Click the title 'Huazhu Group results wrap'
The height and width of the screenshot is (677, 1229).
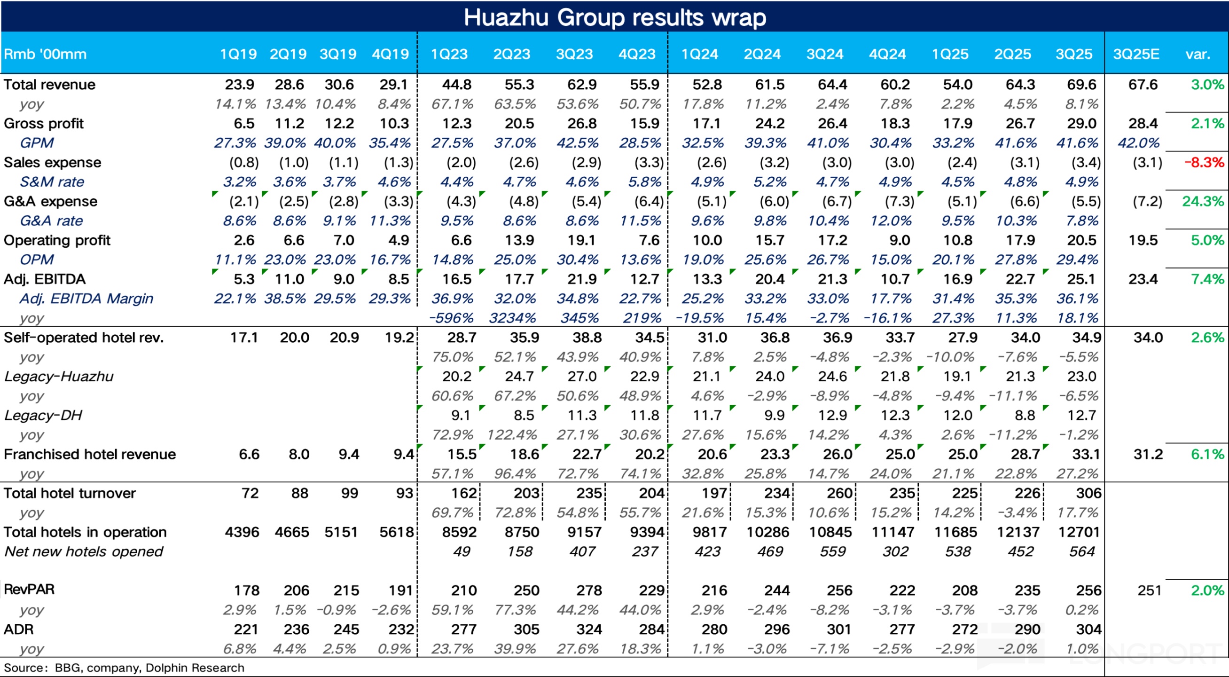(615, 18)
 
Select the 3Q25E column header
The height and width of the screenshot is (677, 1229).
(1136, 54)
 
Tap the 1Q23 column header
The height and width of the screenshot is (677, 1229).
(449, 54)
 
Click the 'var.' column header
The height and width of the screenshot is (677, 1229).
(1198, 54)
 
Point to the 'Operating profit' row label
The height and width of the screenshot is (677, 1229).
(57, 240)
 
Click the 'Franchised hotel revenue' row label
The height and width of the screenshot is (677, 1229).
(90, 454)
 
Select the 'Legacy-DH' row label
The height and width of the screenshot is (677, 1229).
(43, 415)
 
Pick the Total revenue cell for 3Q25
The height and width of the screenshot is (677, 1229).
(1081, 85)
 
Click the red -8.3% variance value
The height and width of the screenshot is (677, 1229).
(1204, 162)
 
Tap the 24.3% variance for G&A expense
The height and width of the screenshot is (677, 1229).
(1203, 201)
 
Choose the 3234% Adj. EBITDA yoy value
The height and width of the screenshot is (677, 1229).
(512, 318)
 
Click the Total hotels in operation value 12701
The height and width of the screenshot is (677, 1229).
(1079, 532)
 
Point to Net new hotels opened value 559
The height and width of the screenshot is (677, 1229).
(832, 551)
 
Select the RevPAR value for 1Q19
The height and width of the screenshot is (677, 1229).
(246, 590)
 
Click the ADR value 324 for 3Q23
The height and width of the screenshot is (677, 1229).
(589, 630)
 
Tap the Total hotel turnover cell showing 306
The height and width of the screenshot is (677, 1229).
(1088, 493)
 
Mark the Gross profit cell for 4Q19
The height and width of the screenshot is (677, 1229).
(394, 124)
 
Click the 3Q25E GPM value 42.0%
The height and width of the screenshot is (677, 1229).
(1138, 143)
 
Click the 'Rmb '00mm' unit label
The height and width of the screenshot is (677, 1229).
(45, 54)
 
